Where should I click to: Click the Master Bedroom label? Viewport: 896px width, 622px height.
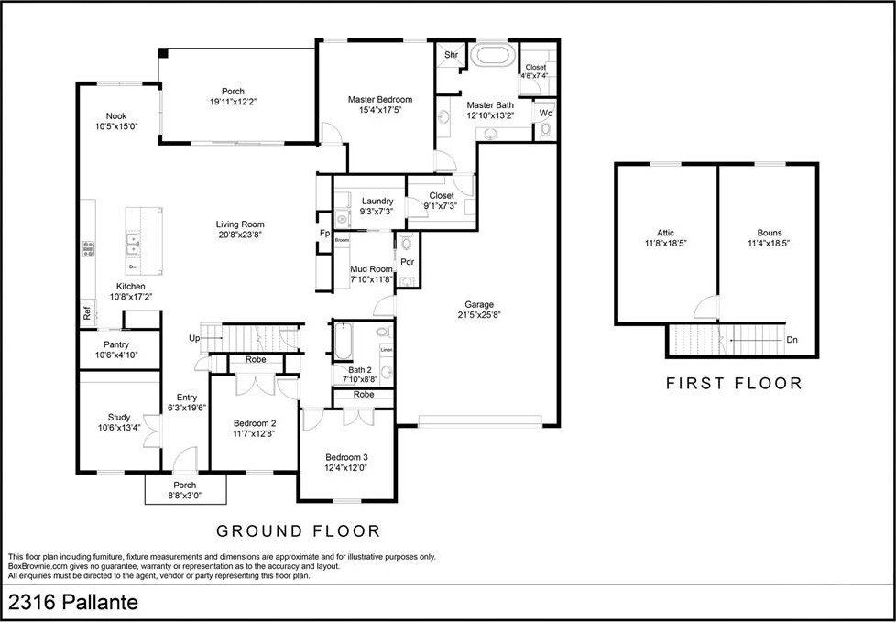click(380, 99)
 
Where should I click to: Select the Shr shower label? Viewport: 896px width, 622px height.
click(451, 55)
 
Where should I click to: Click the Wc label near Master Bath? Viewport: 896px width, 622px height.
click(545, 113)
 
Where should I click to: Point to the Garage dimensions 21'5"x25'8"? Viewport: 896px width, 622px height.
click(479, 315)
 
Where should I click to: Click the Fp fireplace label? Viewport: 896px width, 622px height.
click(323, 234)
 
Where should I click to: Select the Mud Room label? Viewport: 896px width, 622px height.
click(371, 268)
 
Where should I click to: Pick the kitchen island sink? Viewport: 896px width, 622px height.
click(134, 244)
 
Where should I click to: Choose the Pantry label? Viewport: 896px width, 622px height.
click(116, 344)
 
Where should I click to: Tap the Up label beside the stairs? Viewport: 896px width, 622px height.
click(194, 338)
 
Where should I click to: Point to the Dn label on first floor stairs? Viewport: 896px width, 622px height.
click(791, 340)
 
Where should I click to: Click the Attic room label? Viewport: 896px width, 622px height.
click(665, 233)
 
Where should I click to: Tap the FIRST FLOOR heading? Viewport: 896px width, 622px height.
click(733, 383)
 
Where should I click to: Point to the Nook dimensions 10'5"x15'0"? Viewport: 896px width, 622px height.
click(115, 126)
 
